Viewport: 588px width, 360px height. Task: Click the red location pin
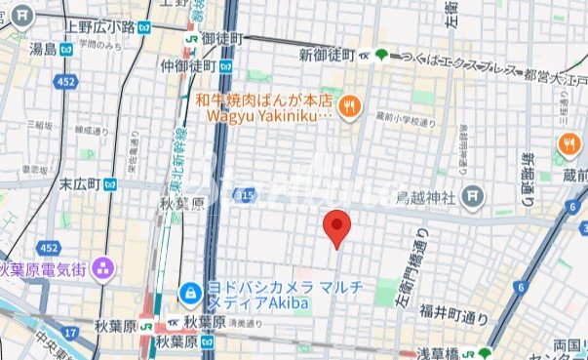click(336, 226)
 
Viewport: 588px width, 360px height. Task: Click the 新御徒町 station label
click(327, 54)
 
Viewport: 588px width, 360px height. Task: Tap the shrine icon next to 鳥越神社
click(473, 196)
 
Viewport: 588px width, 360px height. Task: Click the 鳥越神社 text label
click(426, 197)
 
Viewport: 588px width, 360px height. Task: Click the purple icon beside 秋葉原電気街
click(103, 267)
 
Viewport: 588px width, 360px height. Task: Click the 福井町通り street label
click(454, 313)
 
